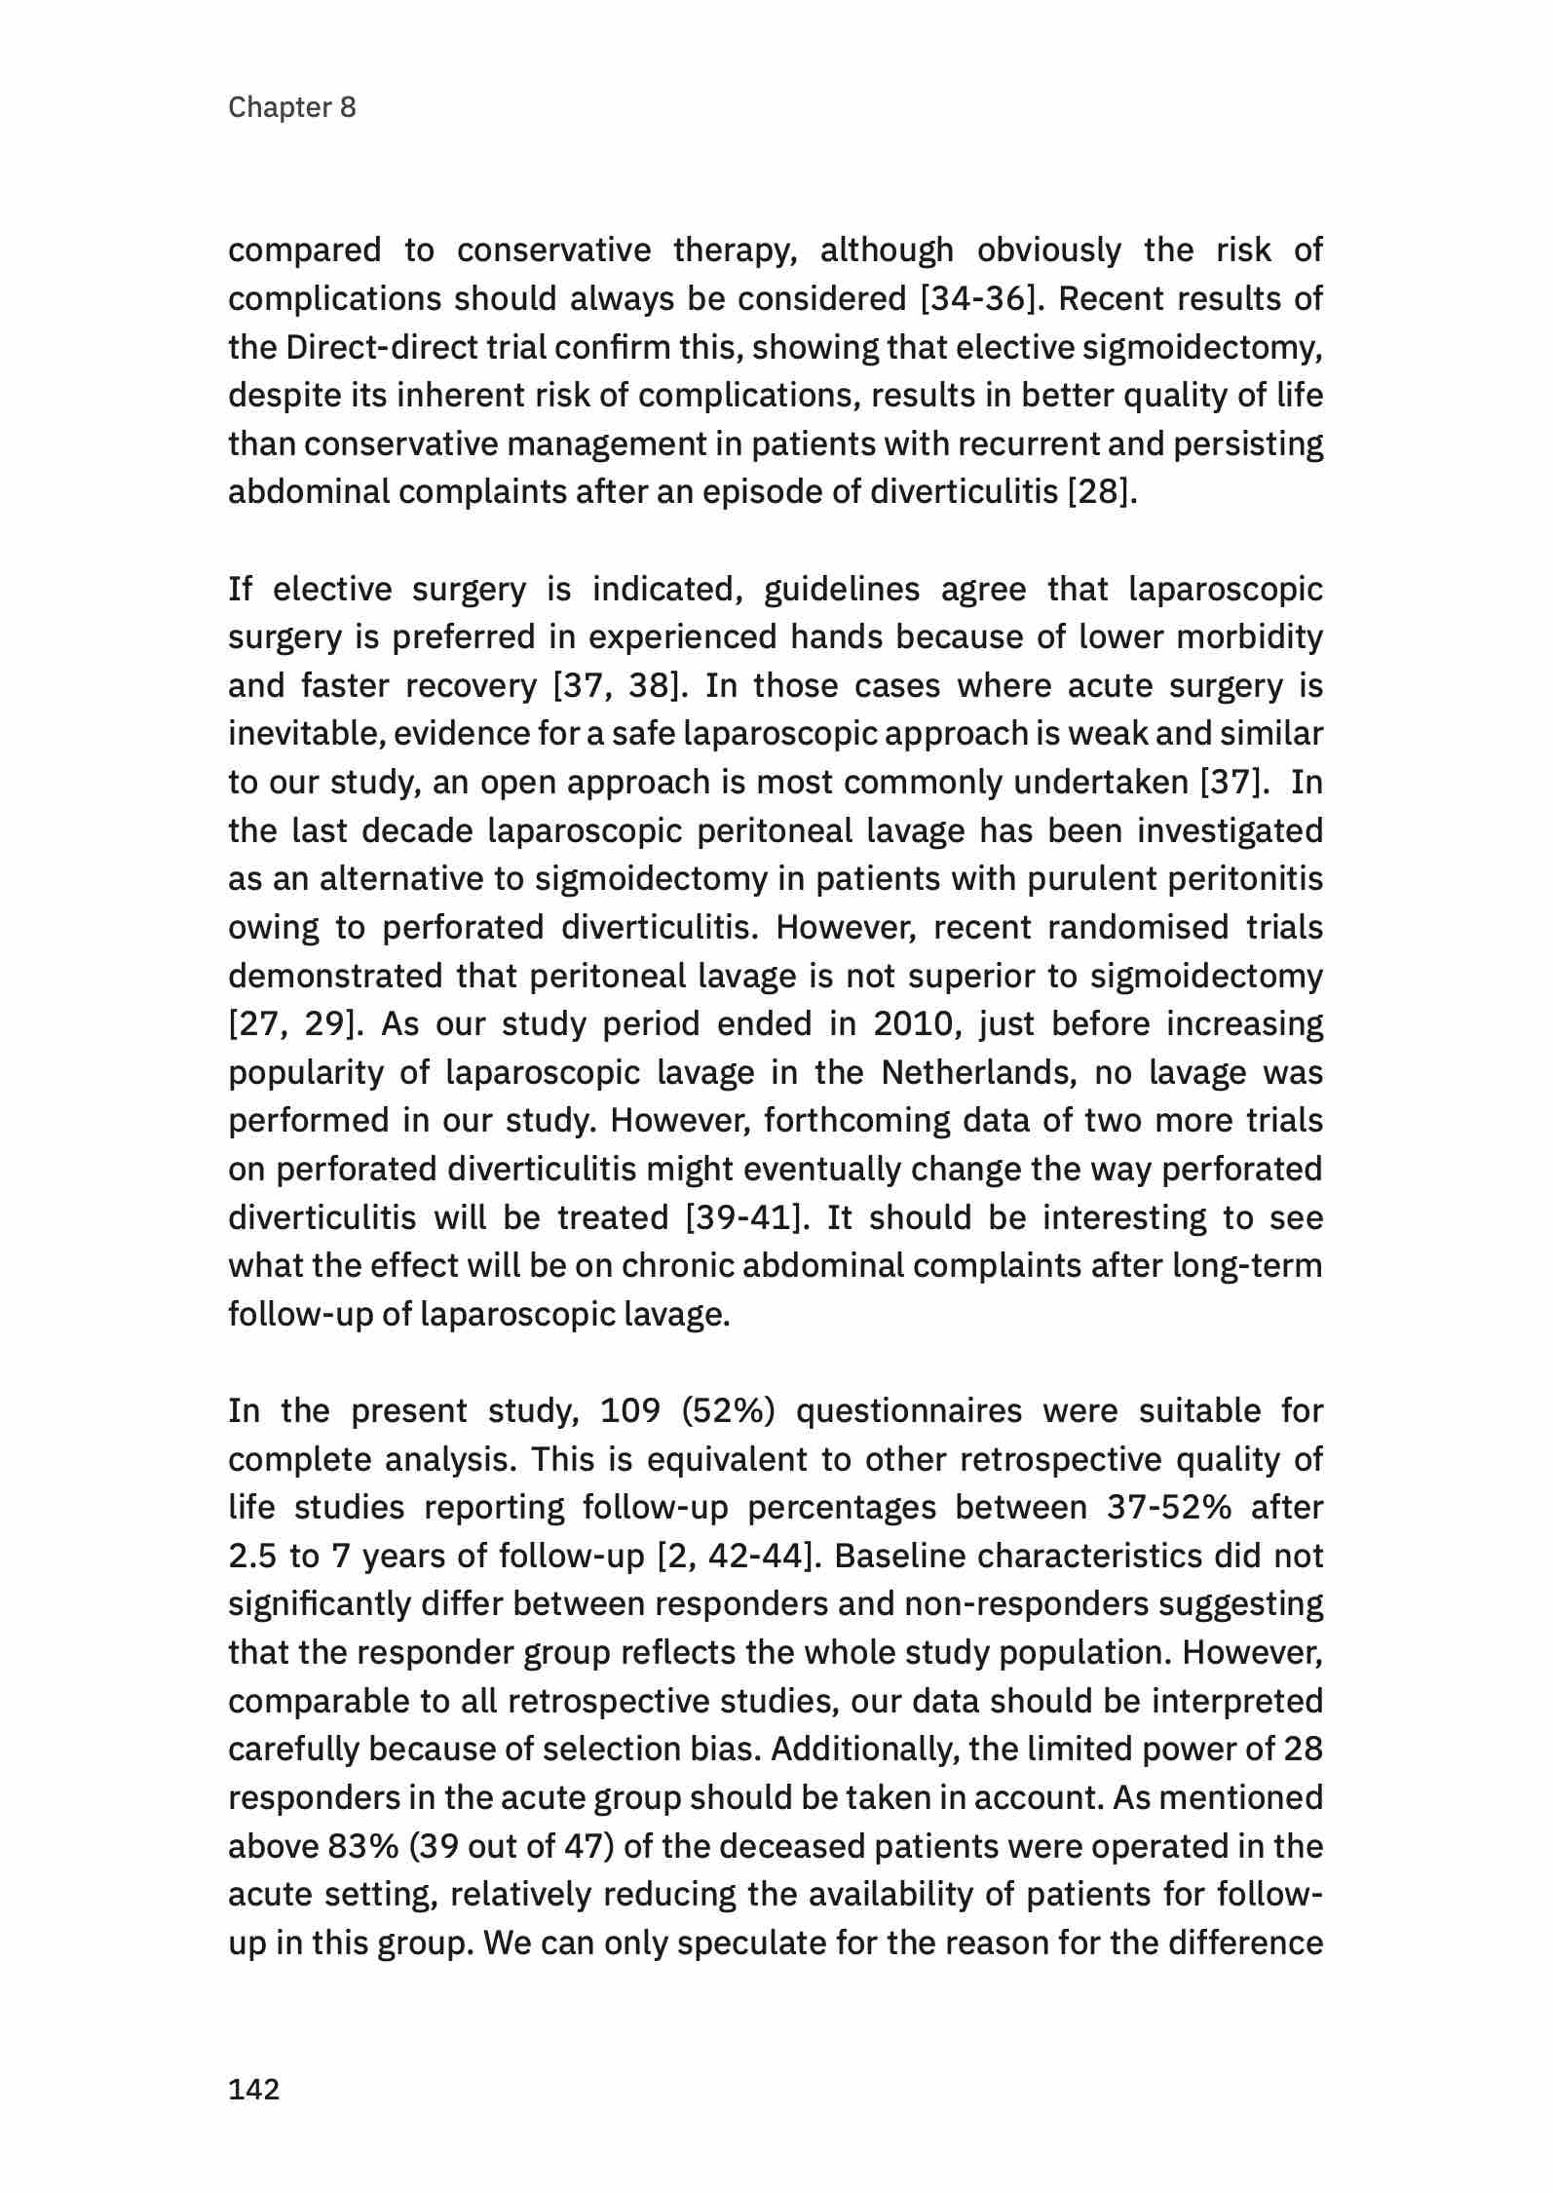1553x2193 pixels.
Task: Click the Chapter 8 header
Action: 291,107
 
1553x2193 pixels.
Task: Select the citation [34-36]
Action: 977,299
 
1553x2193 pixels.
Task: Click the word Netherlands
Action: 975,1072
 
